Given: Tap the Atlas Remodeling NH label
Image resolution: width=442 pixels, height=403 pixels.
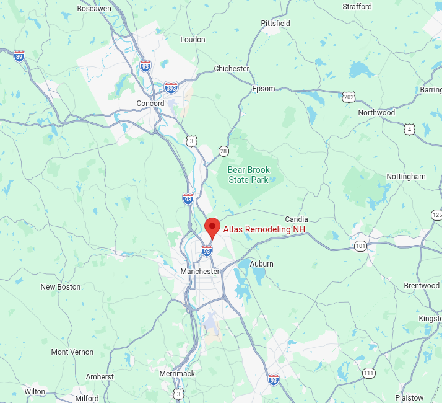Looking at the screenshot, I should (x=264, y=229).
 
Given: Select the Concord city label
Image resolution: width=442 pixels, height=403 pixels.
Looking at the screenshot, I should (x=150, y=104).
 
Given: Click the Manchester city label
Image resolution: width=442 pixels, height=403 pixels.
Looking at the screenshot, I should (x=200, y=272).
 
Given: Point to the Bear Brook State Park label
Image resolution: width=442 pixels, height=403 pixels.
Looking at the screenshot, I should (x=248, y=175).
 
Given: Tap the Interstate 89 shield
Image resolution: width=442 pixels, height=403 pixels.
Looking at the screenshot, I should (x=20, y=56).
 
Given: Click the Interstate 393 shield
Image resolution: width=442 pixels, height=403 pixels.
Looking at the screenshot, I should (x=171, y=87).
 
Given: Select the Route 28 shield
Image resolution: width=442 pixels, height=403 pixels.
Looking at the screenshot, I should (x=223, y=151).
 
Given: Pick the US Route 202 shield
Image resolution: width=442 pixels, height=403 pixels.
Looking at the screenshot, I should (x=349, y=97).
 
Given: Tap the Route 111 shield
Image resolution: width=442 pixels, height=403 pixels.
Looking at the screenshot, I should (x=369, y=373).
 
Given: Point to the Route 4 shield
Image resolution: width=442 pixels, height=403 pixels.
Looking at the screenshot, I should (x=410, y=129).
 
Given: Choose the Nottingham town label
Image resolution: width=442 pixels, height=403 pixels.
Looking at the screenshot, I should (x=406, y=177).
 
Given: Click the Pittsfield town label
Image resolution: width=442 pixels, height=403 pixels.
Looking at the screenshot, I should (x=275, y=24).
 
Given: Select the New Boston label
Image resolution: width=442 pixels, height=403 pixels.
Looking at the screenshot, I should (x=61, y=287).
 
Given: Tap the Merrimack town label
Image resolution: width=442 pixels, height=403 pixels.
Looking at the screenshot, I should (x=178, y=374).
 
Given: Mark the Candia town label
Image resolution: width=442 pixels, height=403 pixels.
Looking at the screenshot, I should (x=297, y=219).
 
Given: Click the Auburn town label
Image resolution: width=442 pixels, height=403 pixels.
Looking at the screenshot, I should (x=261, y=264).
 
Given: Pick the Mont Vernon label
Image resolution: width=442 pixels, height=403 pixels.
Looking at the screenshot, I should (x=72, y=352).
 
